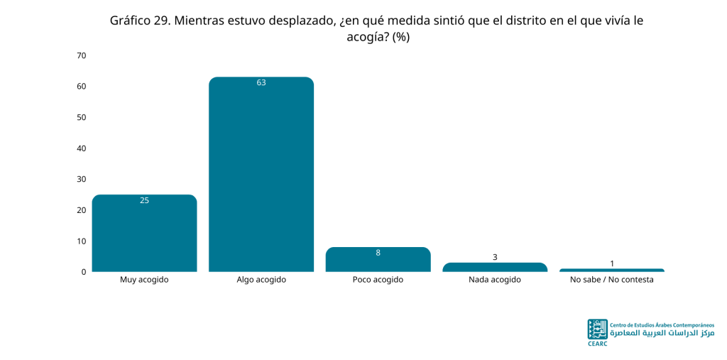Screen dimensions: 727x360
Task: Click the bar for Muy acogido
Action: (x=144, y=233)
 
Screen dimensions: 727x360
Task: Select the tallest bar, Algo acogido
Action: (x=261, y=174)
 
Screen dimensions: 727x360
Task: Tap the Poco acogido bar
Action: (x=378, y=259)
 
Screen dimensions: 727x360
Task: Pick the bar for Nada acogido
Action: (x=495, y=267)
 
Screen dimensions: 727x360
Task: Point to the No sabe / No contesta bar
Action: (x=611, y=270)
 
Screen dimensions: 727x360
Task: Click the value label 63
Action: (x=261, y=83)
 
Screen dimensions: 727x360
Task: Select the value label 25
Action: (x=144, y=200)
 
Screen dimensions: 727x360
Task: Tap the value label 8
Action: (x=378, y=253)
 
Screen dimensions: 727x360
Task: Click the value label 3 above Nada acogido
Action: (x=495, y=257)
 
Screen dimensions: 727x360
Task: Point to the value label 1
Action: (x=611, y=263)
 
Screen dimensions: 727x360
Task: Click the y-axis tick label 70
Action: (x=82, y=55)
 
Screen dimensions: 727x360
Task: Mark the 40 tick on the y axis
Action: (x=82, y=148)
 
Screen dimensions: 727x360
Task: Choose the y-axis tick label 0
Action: (x=84, y=272)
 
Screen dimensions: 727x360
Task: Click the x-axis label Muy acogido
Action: (x=144, y=280)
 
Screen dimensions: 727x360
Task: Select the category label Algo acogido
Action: (x=261, y=280)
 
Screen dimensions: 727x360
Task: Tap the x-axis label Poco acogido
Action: (x=378, y=280)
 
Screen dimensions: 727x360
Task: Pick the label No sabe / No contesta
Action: (x=611, y=280)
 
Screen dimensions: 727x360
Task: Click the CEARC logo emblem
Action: (x=597, y=329)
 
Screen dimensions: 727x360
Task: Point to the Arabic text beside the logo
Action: (x=662, y=334)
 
